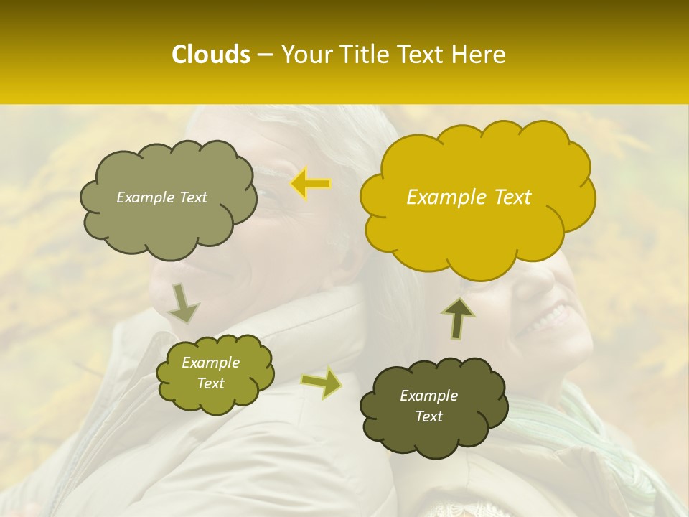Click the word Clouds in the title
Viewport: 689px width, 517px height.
[x=211, y=55]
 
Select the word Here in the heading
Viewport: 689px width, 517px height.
[x=479, y=55]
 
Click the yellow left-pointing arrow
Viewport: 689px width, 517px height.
[x=311, y=185]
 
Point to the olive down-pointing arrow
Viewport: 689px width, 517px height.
[x=184, y=303]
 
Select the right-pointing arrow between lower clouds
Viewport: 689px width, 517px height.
[x=321, y=383]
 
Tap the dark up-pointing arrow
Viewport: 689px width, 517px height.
[x=459, y=318]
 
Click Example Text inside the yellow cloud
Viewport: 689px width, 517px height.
[x=469, y=197]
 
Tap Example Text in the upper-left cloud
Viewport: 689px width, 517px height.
[x=161, y=197]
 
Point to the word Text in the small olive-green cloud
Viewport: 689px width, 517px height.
[x=211, y=383]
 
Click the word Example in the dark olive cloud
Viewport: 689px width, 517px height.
[x=428, y=396]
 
